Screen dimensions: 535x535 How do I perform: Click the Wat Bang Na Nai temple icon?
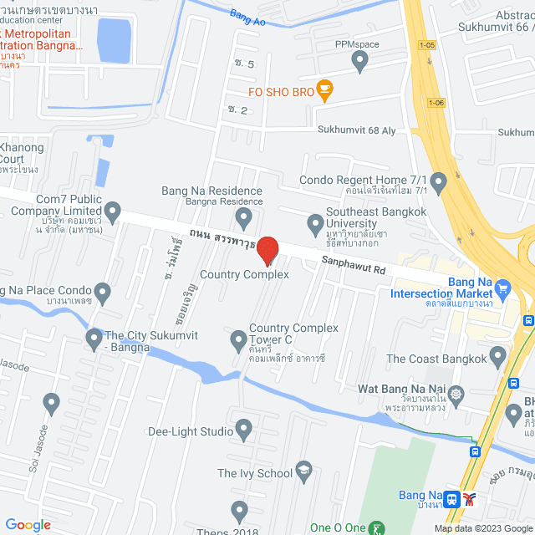click(456, 394)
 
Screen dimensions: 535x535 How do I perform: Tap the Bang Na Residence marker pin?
click(243, 219)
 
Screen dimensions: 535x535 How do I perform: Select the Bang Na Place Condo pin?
click(103, 293)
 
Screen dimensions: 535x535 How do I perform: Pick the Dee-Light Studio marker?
click(244, 431)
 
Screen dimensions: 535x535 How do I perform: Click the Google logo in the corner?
click(28, 525)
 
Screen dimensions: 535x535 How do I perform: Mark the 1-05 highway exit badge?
click(428, 45)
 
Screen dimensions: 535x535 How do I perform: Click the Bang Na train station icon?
click(451, 499)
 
